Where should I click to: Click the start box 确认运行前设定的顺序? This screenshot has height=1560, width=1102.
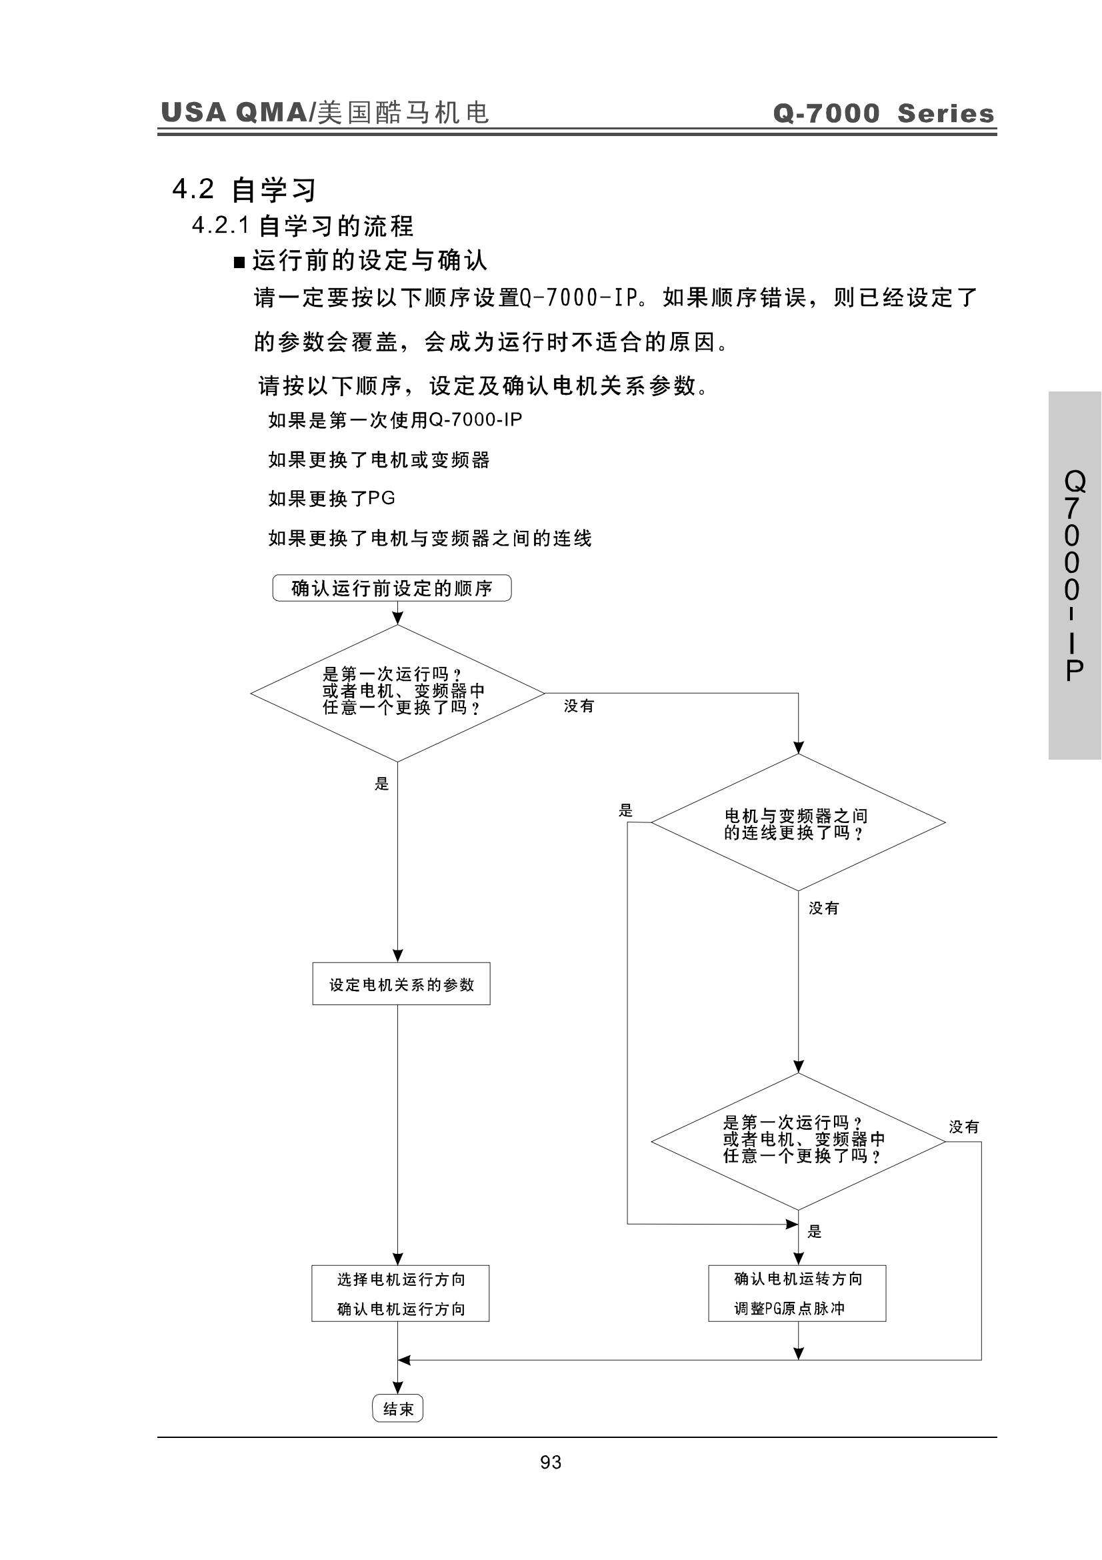(x=392, y=588)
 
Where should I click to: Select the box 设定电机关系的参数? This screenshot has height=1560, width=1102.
(x=401, y=983)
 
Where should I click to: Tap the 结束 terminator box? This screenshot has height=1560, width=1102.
(x=398, y=1409)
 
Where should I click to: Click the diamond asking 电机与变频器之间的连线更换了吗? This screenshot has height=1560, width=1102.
(x=798, y=822)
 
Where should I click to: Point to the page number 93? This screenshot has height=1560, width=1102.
(x=551, y=1462)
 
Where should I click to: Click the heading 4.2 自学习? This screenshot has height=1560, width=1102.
(x=245, y=189)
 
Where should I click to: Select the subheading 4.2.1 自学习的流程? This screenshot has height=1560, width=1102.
(x=303, y=225)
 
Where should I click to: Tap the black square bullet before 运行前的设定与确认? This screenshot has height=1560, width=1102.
(x=239, y=262)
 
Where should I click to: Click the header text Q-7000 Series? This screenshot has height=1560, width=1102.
(x=883, y=113)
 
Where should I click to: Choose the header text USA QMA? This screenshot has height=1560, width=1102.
(x=233, y=112)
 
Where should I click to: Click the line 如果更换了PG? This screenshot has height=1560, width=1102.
(x=332, y=499)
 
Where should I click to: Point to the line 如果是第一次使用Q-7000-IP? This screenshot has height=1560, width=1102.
(x=395, y=420)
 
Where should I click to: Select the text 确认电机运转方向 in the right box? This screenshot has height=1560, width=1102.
(x=799, y=1279)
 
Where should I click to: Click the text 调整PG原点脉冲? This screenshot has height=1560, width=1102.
(x=789, y=1308)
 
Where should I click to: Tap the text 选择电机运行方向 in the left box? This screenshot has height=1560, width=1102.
(x=401, y=1279)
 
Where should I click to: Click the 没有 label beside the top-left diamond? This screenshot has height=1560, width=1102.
(x=579, y=706)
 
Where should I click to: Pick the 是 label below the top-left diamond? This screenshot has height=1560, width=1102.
(x=381, y=784)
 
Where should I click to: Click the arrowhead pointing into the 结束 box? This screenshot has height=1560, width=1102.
(x=398, y=1387)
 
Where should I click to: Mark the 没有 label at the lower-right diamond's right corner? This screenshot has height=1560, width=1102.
(x=963, y=1126)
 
